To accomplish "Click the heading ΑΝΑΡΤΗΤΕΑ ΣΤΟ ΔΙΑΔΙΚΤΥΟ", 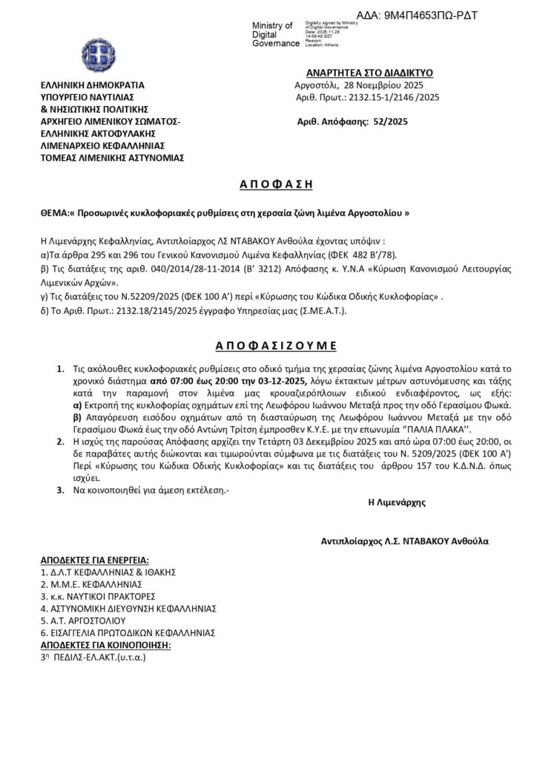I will coord(369,73).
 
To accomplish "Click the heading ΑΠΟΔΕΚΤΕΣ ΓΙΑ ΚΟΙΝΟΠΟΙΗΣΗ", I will coord(105,645).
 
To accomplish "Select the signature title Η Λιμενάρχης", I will coord(397,502).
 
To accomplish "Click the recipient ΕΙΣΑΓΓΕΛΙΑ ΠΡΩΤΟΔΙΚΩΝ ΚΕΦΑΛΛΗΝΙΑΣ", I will coord(128,632).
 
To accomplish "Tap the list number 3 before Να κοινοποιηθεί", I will coord(59,490).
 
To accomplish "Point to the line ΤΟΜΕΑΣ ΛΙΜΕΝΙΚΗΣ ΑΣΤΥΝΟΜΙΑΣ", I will coord(113,157).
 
